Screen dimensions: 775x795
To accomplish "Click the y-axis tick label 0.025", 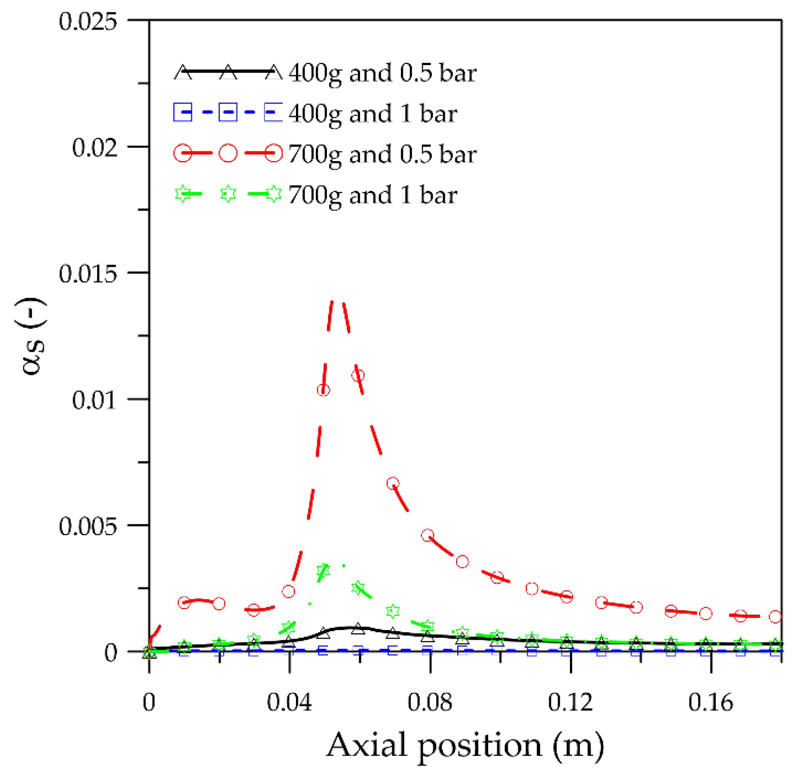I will (x=87, y=21).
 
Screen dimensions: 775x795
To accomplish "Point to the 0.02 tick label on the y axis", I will (x=94, y=148).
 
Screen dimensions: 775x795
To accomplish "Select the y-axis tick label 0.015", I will (x=87, y=274).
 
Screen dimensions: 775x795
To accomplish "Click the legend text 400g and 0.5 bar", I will (x=382, y=73).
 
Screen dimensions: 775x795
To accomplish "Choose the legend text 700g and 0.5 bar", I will (x=382, y=154).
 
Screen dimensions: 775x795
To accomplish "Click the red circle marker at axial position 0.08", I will (x=427, y=535).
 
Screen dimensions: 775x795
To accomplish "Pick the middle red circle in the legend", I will (x=228, y=154).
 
